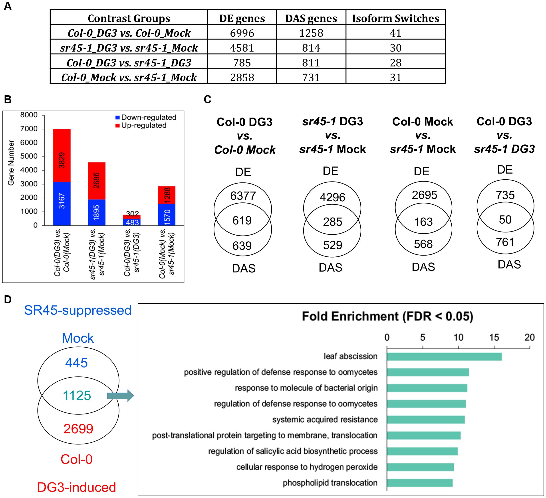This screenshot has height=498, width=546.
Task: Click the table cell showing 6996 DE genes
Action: pos(242,33)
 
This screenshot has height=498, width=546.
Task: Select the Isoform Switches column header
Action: pos(395,18)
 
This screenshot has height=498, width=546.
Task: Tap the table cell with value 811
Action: pos(311,63)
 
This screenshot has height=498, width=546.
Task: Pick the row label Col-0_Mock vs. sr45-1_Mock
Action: pos(129,78)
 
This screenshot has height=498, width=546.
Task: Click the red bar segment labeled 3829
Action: pos(62,156)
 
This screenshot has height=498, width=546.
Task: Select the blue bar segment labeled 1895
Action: pos(96,212)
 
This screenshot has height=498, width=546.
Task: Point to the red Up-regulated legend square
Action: pos(117,126)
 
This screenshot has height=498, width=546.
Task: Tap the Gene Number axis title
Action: pos(11,163)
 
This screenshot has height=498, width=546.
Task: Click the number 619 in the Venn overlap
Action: pos(242,220)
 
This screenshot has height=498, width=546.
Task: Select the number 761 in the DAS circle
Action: pos(505,242)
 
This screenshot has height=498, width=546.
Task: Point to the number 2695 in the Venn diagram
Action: pos(424,195)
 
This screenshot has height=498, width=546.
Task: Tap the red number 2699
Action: pos(78,429)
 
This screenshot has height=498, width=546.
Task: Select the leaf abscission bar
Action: pos(444,357)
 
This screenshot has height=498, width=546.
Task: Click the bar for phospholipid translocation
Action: pos(419,483)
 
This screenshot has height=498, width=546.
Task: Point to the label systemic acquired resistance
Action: pos(325,420)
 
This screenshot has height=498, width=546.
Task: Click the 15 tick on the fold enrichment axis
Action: pos(494,338)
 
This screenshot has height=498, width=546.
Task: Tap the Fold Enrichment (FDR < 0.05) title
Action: pos(387,316)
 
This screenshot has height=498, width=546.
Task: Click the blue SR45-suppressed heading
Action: pos(78,310)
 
